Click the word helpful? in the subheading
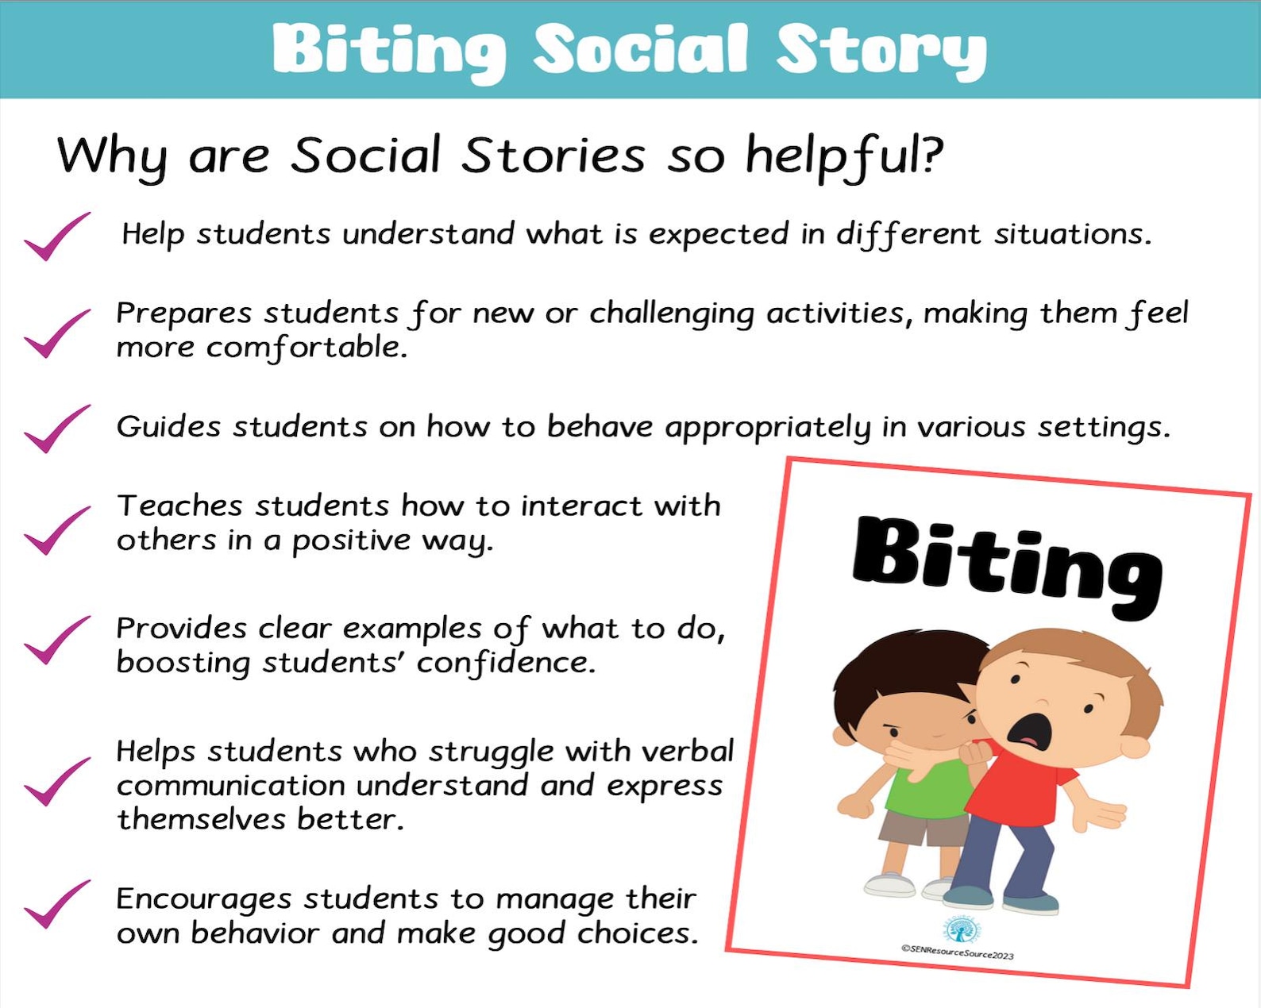click(843, 156)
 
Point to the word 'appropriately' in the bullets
click(767, 428)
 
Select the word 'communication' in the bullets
click(230, 786)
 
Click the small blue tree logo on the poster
click(962, 929)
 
